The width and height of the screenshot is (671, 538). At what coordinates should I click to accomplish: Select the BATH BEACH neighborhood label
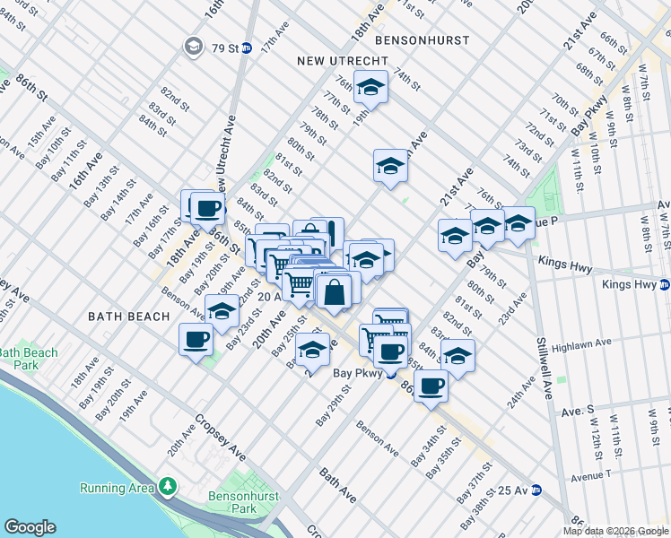click(129, 317)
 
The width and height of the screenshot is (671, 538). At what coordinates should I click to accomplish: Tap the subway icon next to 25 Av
click(536, 490)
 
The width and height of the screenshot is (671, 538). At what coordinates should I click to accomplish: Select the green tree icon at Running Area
click(167, 487)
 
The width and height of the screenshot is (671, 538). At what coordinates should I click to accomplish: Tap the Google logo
click(30, 527)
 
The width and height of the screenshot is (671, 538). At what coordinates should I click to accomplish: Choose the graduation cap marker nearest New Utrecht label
click(369, 87)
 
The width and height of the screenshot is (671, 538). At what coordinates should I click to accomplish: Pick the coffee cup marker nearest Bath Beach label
click(196, 340)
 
